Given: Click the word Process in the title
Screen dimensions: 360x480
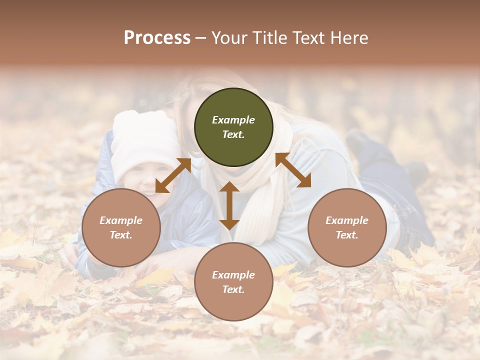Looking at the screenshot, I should coord(157,38).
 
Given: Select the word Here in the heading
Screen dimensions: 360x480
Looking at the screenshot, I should coord(349,38).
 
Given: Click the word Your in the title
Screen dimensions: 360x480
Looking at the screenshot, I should coord(229,38).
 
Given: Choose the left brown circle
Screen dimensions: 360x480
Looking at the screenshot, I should coord(121,227).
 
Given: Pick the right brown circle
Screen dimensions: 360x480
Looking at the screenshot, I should coord(347,227).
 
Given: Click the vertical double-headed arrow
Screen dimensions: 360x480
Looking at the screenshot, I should coord(229,205).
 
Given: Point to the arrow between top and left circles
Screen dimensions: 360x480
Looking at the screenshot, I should coord(173,175).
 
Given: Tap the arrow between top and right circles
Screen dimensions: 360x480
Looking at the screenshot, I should coord(293,170).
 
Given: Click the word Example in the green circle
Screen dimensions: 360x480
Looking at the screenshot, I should coord(233,120).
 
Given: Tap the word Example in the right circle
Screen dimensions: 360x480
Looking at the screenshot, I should coord(347,220).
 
